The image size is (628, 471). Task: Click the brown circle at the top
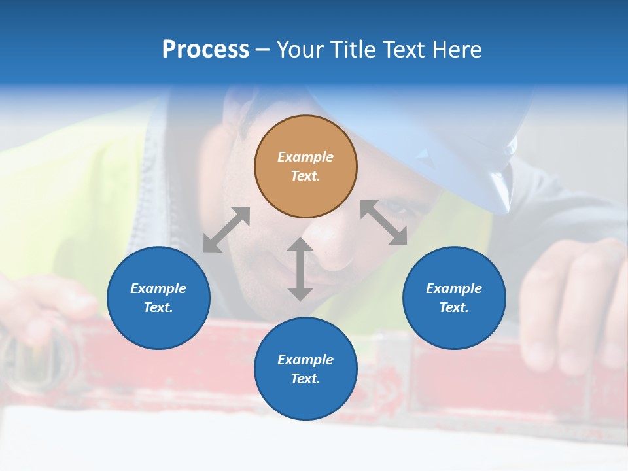pos(305,166)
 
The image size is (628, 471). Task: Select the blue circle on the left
pos(158,298)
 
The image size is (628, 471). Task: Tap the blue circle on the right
pos(454,298)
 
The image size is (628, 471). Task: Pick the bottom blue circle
pos(305,369)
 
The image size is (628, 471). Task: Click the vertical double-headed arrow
pos(300,269)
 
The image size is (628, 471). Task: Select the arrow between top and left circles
pos(226,230)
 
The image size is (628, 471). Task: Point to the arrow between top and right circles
pos(384,223)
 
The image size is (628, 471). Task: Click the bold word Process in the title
pos(205,50)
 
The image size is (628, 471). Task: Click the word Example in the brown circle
pos(305,157)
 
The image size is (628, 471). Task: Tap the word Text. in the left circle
pos(158,307)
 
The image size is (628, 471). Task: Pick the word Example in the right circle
pos(454,288)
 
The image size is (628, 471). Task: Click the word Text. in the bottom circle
pos(305,379)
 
